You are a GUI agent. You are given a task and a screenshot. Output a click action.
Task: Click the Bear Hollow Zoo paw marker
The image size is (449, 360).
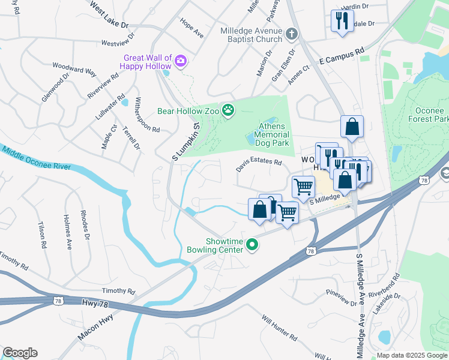[228, 110]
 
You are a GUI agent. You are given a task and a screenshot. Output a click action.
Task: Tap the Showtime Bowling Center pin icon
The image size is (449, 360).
[253, 244]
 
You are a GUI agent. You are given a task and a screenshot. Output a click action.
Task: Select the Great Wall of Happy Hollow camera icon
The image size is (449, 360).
[180, 60]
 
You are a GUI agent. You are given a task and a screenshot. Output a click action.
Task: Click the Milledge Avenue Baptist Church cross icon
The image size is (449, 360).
[291, 34]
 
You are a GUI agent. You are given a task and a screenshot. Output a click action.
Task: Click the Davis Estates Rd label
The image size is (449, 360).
[259, 165]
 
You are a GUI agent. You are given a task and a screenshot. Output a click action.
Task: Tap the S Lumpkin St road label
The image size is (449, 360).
[185, 142]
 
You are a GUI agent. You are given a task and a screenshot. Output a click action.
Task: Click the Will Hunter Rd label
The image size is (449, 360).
[279, 330]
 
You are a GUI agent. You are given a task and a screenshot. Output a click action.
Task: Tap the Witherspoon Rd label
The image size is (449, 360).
[147, 115]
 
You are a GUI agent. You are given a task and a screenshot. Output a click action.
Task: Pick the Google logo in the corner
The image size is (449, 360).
[20, 353]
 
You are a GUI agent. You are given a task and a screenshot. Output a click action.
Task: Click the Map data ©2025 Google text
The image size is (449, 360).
[412, 355]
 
